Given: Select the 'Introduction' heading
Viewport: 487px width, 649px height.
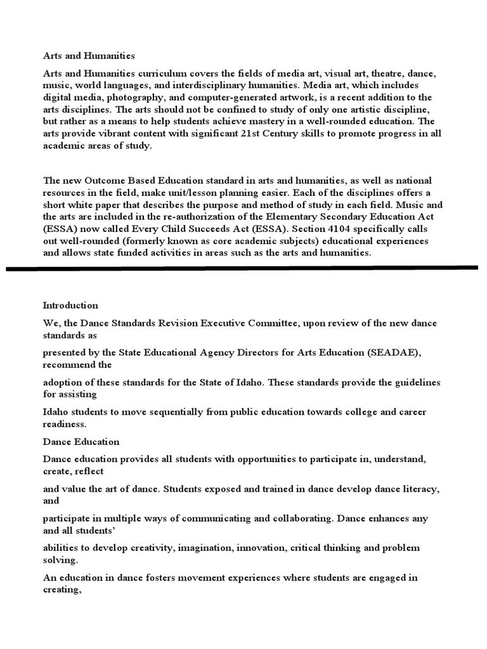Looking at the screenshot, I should click(70, 305).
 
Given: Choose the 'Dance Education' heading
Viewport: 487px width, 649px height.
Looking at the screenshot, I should click(81, 441).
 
